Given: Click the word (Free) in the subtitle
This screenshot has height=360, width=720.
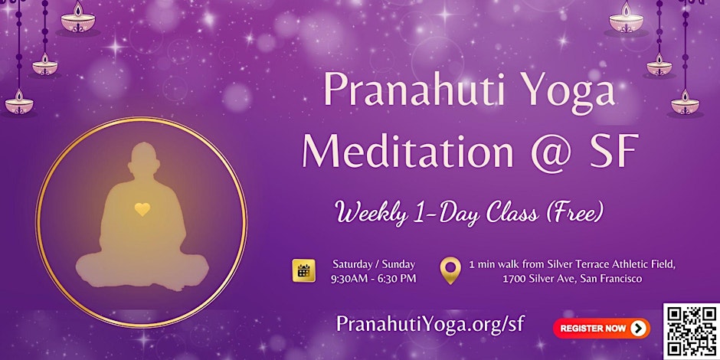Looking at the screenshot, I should coord(568,213).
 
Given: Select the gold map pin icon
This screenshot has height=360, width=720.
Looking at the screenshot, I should coord(450,270).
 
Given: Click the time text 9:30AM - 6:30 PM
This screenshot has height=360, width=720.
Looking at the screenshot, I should coord(374,278).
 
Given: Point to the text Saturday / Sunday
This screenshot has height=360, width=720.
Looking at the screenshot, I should coord(374,263).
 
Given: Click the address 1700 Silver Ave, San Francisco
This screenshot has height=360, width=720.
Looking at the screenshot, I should coord(572,278).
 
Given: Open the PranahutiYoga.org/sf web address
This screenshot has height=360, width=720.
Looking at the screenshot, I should coord(430,323).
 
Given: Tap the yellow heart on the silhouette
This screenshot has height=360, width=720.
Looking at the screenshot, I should coord(142,208).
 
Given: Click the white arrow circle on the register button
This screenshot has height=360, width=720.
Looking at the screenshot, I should coord(637,329).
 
